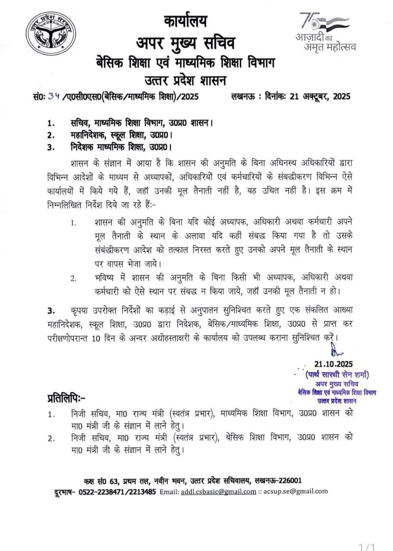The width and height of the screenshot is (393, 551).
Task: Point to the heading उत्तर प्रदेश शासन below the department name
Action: [186, 80]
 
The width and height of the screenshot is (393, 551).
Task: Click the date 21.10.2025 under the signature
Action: [333, 365]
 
